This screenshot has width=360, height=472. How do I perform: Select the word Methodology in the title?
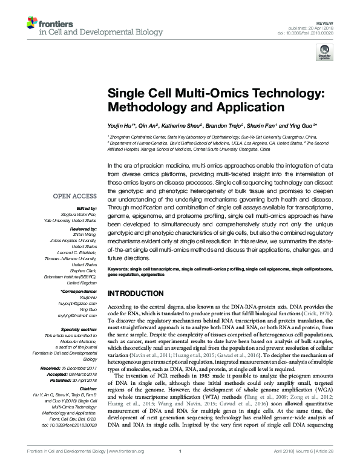pyautogui.click(x=143, y=108)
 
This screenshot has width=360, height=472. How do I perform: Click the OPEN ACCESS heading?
pyautogui.click(x=74, y=196)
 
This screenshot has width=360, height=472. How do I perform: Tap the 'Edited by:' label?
pyautogui.click(x=85, y=208)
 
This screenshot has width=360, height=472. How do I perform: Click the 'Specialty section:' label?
pyautogui.click(x=79, y=329)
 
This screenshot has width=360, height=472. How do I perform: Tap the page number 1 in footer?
pyautogui.click(x=180, y=460)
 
